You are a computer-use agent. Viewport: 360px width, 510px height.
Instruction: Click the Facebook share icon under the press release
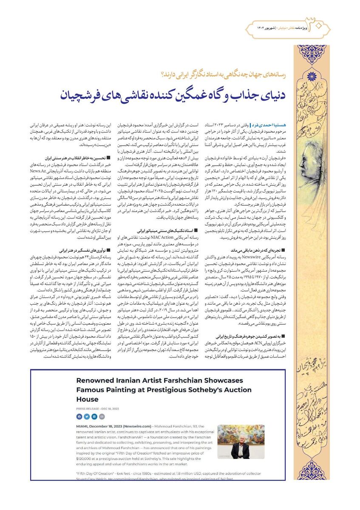pos(79,416)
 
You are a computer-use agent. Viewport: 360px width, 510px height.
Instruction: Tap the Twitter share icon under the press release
pos(87,416)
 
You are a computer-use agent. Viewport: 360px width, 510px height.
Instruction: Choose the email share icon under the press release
pos(102,416)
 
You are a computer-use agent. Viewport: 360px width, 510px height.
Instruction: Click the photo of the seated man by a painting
pos(241,442)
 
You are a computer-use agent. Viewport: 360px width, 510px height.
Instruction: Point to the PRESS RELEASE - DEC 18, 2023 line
pos(98,408)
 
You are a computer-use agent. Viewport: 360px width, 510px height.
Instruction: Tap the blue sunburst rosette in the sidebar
pos(312,76)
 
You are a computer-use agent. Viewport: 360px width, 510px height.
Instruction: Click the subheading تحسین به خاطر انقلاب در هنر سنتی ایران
pos(76,157)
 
